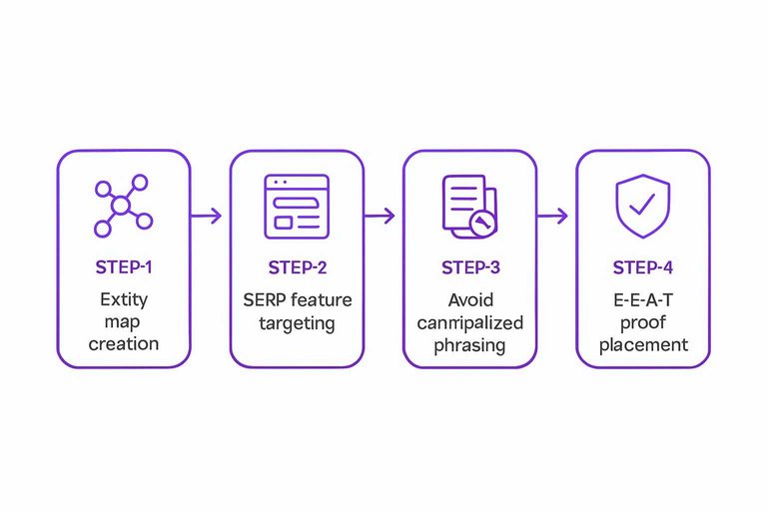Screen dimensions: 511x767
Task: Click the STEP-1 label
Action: [x=124, y=267]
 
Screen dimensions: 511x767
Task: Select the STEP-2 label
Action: [x=297, y=267]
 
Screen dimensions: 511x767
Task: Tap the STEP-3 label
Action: [x=469, y=267]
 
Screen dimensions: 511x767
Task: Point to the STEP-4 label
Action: [x=642, y=267]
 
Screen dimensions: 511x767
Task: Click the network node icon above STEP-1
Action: [x=121, y=207]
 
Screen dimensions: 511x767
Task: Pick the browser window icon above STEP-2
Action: [x=297, y=206]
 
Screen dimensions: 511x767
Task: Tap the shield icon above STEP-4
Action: [x=642, y=206]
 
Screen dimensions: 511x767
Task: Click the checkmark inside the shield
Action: [x=642, y=205]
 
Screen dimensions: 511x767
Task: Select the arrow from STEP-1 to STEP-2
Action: [x=207, y=216]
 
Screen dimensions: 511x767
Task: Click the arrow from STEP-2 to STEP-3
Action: [x=380, y=216]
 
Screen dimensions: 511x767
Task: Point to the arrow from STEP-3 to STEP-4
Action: [x=553, y=216]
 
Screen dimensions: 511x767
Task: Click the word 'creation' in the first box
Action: [x=124, y=344]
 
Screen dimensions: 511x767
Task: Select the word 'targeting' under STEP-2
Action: [x=297, y=323]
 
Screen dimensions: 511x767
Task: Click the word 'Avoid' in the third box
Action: [x=469, y=299]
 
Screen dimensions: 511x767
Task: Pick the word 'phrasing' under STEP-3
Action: [x=469, y=345]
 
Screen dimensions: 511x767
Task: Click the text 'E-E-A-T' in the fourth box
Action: [x=642, y=299]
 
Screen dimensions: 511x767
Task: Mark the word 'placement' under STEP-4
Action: [x=642, y=345]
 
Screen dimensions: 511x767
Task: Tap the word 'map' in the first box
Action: [x=124, y=321]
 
